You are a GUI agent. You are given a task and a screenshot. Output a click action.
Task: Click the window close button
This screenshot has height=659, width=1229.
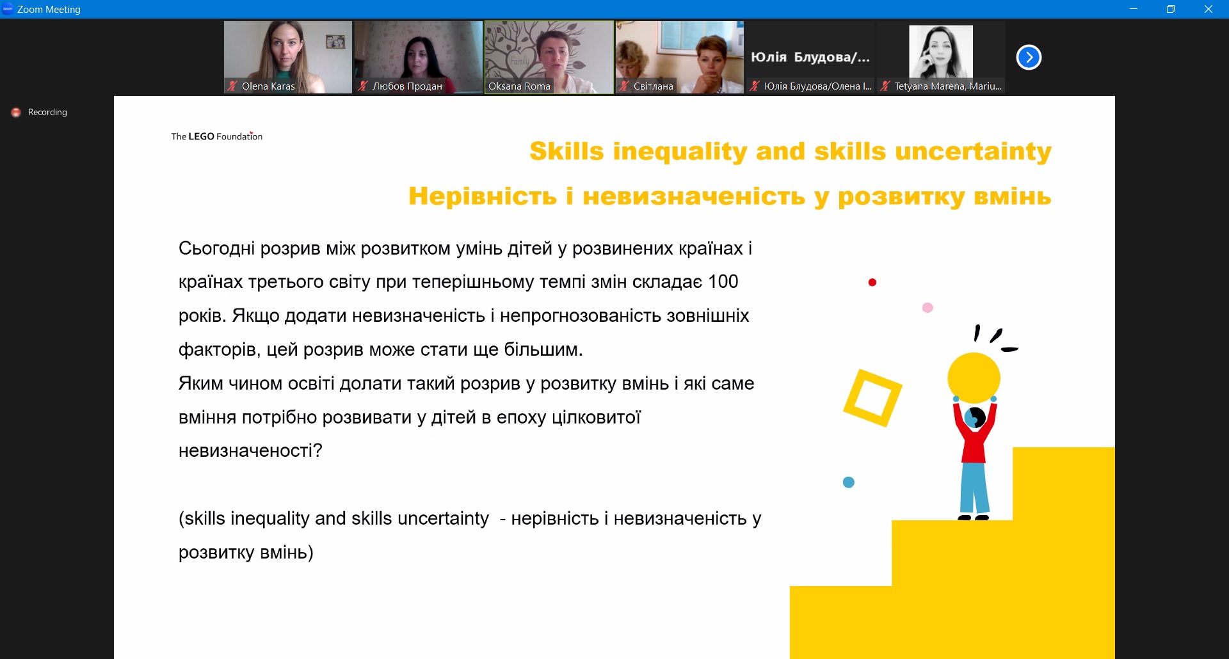pos(1209,9)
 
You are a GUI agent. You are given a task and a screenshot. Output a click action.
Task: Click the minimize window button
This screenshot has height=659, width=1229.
pos(1134,9)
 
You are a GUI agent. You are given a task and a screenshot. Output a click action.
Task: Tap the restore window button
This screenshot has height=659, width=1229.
pos(1171,9)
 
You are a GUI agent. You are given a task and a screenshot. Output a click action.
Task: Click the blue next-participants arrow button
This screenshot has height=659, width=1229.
pos(1029,57)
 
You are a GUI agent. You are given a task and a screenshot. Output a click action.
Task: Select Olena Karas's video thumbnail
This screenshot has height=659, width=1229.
pos(288,57)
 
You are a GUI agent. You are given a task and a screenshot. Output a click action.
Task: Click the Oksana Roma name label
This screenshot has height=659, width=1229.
pos(519,86)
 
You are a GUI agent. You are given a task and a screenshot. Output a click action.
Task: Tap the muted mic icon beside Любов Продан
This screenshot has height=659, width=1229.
pos(363,86)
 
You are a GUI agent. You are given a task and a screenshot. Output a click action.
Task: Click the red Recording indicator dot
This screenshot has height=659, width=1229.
pos(16,113)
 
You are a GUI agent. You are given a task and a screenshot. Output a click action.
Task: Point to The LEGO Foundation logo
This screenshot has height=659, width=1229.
pos(217,136)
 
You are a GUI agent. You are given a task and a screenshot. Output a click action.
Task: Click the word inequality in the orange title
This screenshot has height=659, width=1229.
pos(680,152)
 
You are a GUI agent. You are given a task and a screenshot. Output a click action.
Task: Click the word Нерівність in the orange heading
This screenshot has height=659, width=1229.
pos(483,196)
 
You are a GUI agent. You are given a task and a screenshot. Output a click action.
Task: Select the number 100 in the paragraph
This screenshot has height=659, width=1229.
pos(723,282)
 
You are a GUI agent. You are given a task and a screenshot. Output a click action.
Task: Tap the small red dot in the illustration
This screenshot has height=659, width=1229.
pos(872,282)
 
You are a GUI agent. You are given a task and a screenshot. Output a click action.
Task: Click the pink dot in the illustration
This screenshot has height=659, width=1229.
pos(928,308)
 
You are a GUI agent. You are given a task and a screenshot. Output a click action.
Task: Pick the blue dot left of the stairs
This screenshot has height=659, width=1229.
pos(849,482)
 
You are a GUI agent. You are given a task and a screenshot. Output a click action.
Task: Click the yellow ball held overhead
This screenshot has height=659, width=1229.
pos(974,378)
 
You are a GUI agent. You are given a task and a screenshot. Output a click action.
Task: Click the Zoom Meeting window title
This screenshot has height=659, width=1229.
pos(49,10)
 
